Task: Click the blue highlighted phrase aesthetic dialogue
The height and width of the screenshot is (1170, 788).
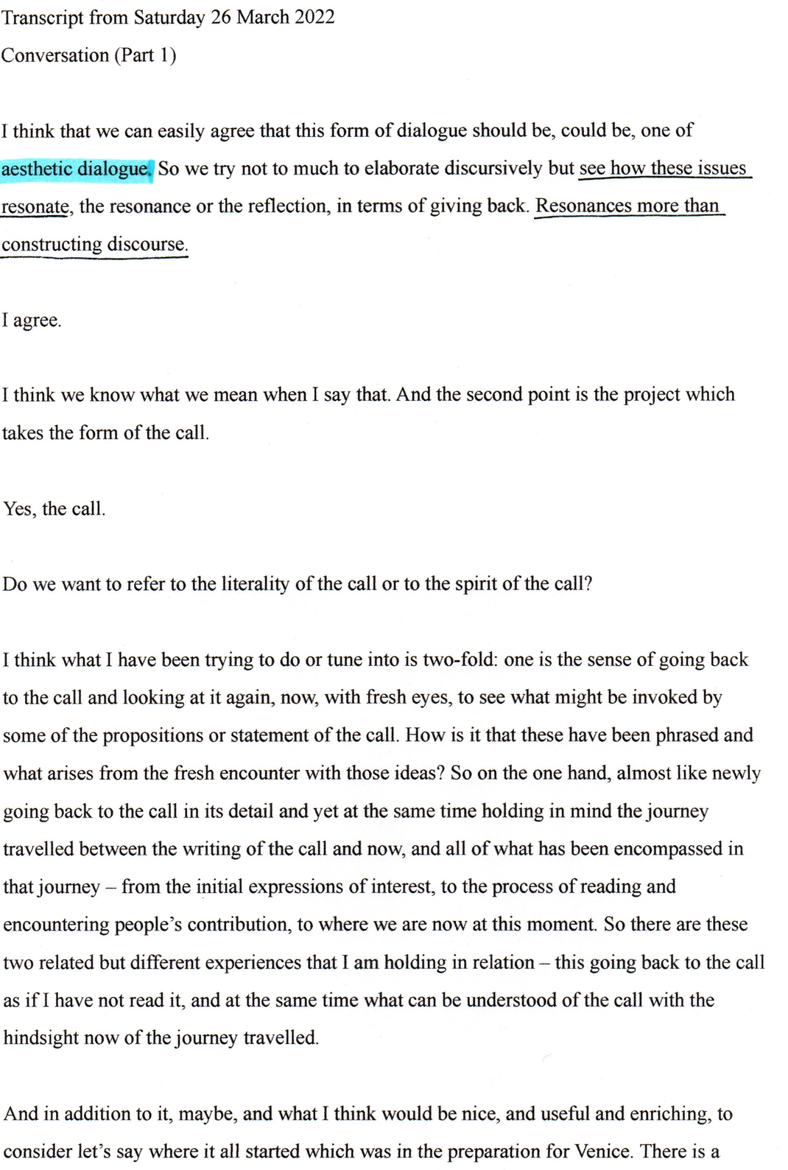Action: tap(76, 169)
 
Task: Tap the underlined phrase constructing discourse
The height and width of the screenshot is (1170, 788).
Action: tap(94, 244)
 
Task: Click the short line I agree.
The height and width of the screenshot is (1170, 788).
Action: tap(32, 320)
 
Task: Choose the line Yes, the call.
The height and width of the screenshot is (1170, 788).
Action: tap(54, 509)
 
